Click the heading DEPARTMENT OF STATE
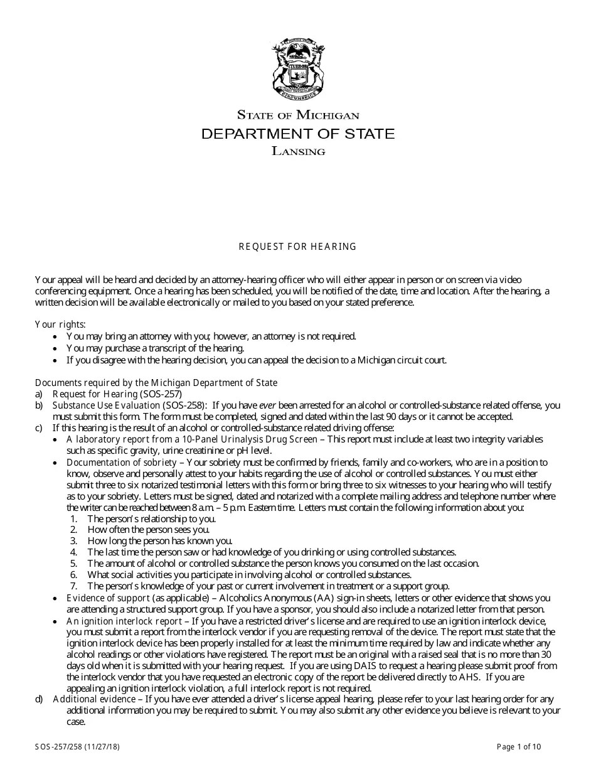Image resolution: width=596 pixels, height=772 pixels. [x=297, y=134]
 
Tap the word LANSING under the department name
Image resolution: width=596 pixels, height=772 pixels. [x=298, y=151]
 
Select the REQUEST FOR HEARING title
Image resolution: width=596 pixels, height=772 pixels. [x=297, y=247]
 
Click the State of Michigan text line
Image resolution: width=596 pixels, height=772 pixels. [x=297, y=115]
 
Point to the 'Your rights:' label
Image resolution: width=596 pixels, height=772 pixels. [x=60, y=324]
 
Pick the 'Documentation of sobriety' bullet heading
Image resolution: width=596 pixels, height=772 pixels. [x=122, y=463]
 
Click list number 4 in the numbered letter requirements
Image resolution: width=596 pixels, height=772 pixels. [x=73, y=552]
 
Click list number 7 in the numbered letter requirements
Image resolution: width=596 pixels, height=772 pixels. [x=73, y=586]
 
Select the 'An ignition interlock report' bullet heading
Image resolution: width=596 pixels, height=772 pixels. [x=124, y=621]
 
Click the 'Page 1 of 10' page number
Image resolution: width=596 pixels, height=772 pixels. [x=519, y=746]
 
